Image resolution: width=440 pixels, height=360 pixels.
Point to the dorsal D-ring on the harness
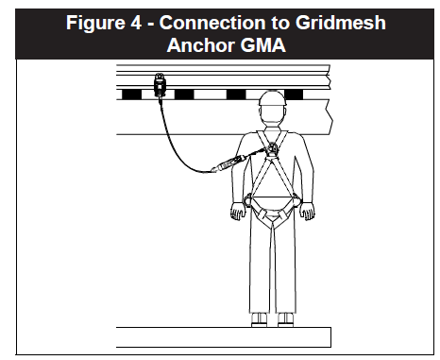272,146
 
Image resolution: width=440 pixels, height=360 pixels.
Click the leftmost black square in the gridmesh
129,95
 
